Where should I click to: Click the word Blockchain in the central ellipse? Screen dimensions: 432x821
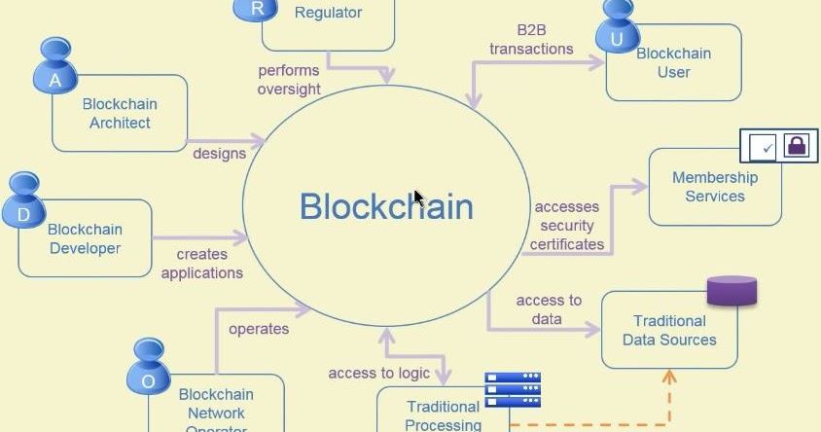[x=386, y=207]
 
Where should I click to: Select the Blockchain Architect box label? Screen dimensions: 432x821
[x=120, y=114]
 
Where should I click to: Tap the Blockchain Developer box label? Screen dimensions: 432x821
[x=85, y=239]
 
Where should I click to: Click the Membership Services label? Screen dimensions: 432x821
[x=714, y=187]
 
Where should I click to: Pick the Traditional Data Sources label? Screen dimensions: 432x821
[x=669, y=331]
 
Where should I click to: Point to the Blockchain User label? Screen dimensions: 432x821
[x=673, y=63]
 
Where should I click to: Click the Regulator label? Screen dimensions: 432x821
[x=328, y=14]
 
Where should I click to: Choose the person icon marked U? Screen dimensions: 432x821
[x=616, y=27]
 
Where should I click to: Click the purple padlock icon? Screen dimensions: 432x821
[x=797, y=146]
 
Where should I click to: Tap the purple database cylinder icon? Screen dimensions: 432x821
[x=732, y=291]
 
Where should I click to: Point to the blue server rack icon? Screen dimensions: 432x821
[x=513, y=390]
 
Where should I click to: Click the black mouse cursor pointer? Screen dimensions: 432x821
[x=418, y=198]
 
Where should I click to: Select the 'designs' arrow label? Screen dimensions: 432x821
[x=219, y=153]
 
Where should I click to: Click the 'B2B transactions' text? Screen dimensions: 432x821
[x=531, y=40]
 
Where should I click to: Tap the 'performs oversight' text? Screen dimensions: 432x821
[x=289, y=80]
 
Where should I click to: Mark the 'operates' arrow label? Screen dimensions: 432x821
[x=259, y=329]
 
